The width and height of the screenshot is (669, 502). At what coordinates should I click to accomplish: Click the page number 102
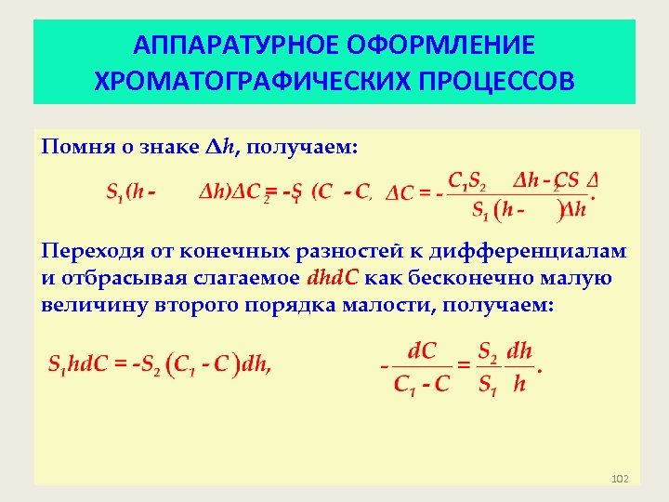point(621,479)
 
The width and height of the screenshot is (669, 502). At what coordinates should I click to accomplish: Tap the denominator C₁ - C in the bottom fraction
point(422,384)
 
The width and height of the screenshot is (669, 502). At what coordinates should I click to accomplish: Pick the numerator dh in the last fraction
point(519,351)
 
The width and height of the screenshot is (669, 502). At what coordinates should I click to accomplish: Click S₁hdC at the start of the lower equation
point(77,366)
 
